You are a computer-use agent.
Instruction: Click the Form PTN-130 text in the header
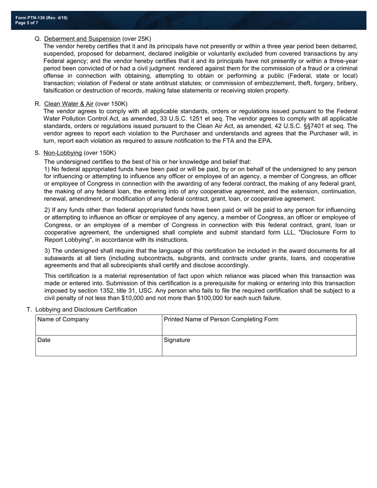coord(41,18)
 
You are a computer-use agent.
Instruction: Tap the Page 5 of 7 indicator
coord(27,23)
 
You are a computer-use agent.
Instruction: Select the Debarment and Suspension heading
coord(82,39)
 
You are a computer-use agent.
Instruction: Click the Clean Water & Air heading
coord(69,104)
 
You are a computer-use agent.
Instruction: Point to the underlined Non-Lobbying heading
coord(63,153)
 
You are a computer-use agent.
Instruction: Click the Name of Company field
coord(98,325)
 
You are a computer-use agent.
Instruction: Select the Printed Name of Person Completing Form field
coord(259,325)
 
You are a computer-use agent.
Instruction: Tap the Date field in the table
coord(98,346)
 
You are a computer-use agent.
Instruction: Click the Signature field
coord(259,346)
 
